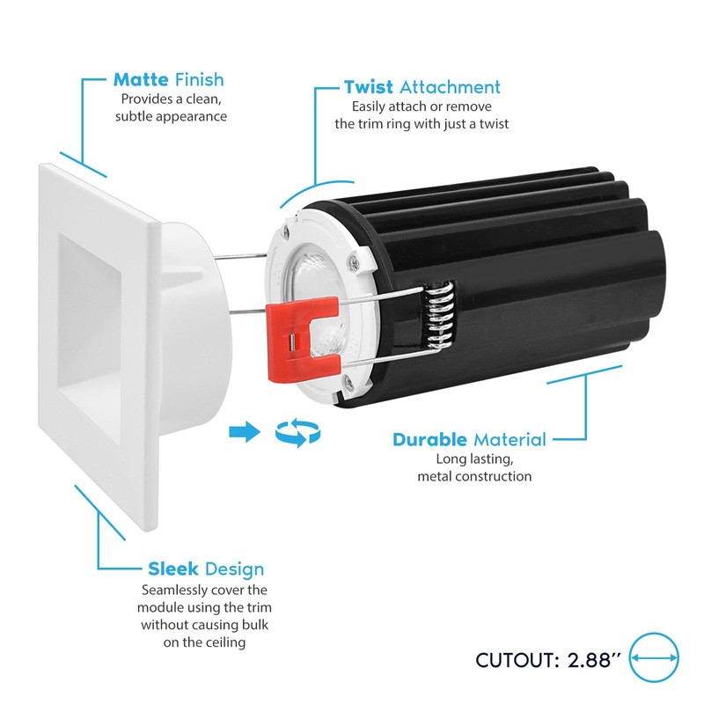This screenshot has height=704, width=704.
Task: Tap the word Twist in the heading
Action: coord(369,87)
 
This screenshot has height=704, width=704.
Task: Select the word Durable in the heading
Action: coord(430,439)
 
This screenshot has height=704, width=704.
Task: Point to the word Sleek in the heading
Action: coord(172,569)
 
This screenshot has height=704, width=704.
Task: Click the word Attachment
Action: coord(450,87)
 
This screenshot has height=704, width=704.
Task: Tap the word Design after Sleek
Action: coord(233,569)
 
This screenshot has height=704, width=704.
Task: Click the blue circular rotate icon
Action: coord(297,431)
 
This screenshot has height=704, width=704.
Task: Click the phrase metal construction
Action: coord(474,476)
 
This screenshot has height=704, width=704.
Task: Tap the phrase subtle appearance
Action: coord(173,116)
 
